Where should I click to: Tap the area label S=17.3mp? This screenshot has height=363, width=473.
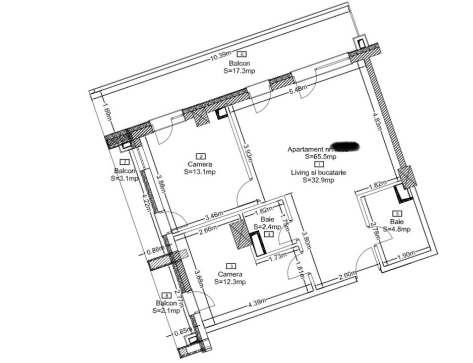239,71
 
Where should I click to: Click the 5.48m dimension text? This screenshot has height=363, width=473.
298,90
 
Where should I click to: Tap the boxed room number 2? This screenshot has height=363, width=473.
201,156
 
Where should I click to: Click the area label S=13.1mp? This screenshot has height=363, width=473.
200,171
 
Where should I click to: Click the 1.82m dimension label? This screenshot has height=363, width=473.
377,185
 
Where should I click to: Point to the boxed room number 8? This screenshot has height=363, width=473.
166,295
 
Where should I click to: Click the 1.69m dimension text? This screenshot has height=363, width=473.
106,111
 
